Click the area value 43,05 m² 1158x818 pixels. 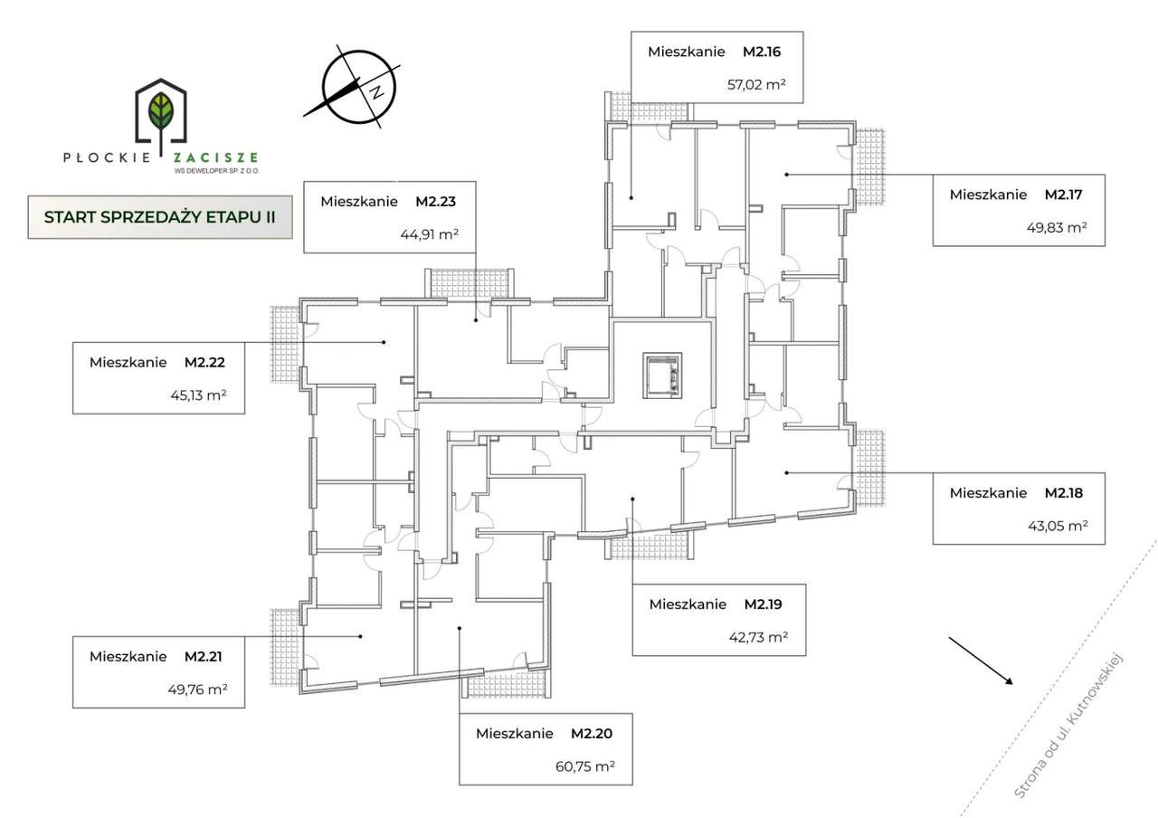click(x=1057, y=526)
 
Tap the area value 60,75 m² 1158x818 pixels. click(x=584, y=766)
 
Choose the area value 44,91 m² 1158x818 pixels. click(x=429, y=233)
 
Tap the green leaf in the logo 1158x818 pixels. click(x=162, y=110)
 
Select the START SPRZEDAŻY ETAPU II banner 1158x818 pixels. click(x=160, y=217)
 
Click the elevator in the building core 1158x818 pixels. click(x=665, y=375)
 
